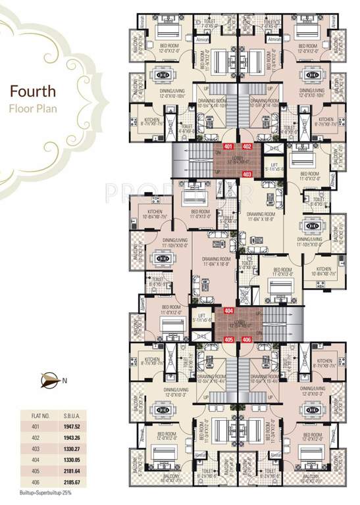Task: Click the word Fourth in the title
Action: click(x=32, y=91)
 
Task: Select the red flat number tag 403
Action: click(x=247, y=174)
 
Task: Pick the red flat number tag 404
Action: click(x=228, y=310)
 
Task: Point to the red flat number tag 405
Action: click(x=228, y=339)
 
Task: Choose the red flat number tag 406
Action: click(x=247, y=339)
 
